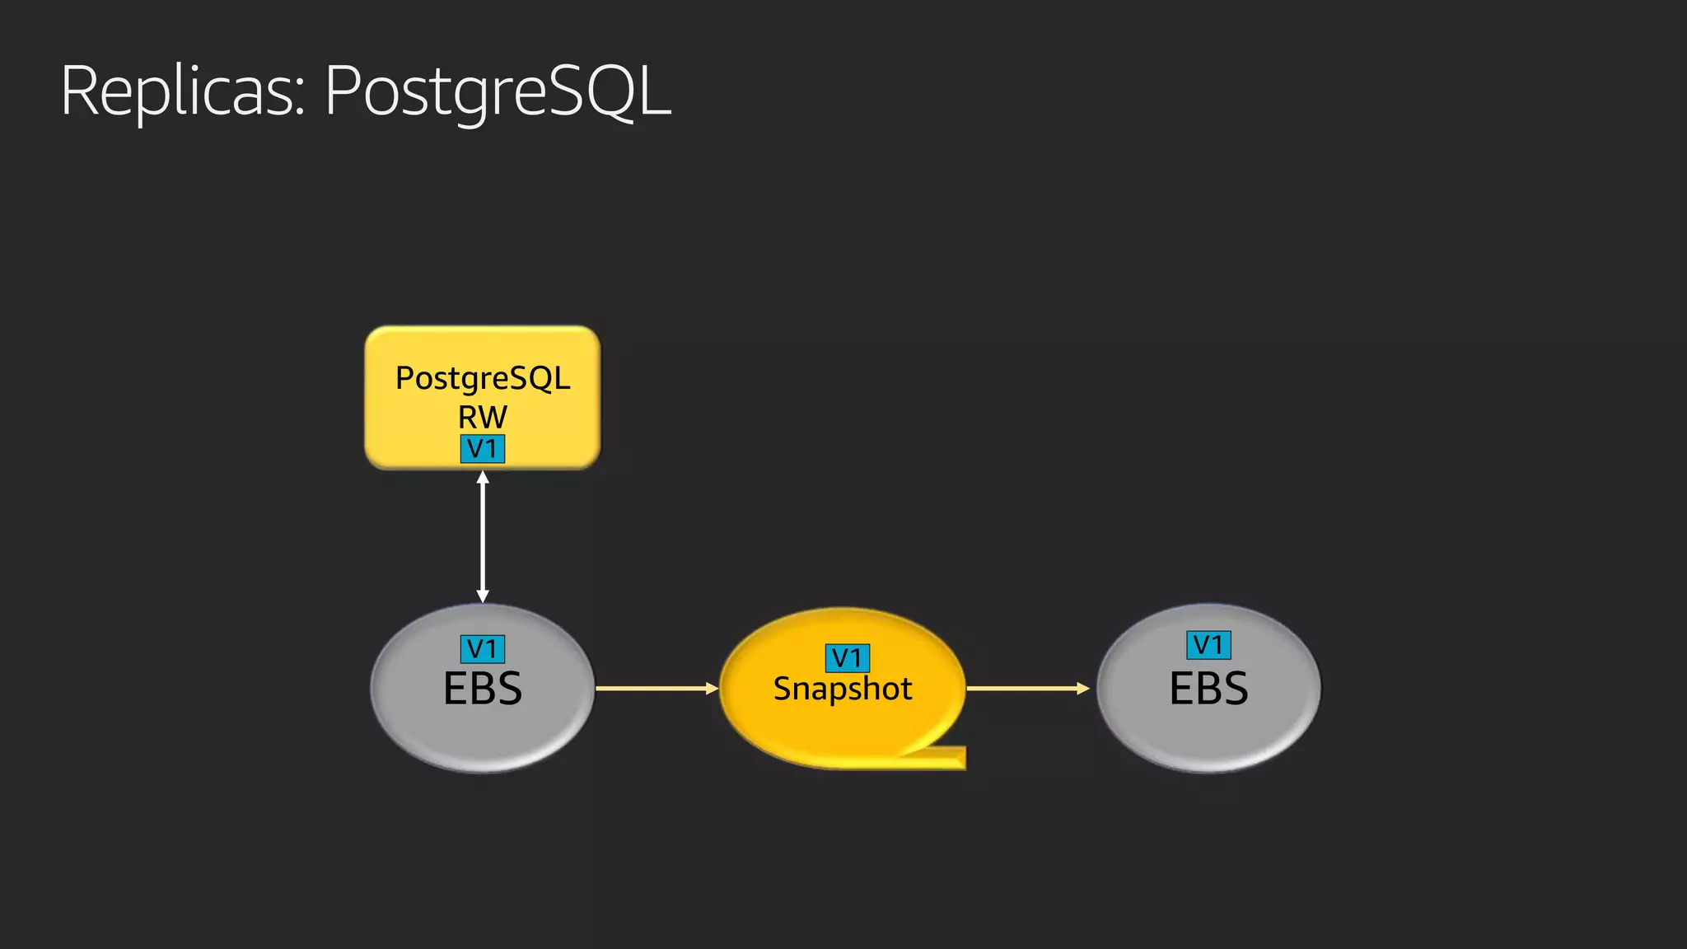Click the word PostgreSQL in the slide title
click(x=498, y=92)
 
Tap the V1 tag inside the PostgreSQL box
click(x=482, y=449)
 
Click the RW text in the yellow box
click(x=482, y=416)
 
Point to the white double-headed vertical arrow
click(x=483, y=535)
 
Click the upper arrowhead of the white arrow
click(x=483, y=477)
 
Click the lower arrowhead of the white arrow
click(x=483, y=596)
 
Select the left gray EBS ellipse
click(x=412, y=725)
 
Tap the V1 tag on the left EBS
click(x=482, y=649)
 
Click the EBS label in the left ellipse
click(x=482, y=689)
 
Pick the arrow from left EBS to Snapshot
click(x=655, y=688)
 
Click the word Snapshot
click(x=842, y=689)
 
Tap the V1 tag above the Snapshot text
click(x=847, y=657)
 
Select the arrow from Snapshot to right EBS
click(x=1026, y=688)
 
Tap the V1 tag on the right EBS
click(x=1208, y=645)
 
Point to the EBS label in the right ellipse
click(x=1208, y=689)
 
